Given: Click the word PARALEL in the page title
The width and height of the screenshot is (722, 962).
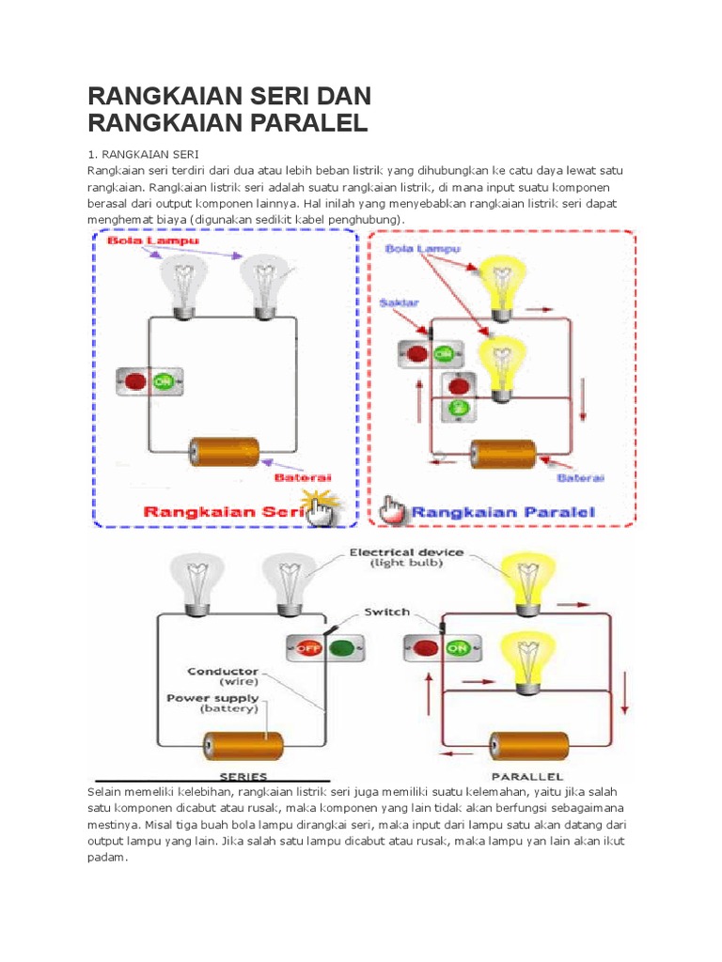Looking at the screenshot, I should (295, 123).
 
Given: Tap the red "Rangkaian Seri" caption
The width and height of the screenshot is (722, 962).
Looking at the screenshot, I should (227, 513).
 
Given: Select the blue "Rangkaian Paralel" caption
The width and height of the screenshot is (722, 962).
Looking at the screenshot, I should (504, 513).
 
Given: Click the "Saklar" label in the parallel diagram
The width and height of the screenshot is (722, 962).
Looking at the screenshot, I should (399, 303).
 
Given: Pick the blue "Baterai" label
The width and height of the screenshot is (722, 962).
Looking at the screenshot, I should (581, 478).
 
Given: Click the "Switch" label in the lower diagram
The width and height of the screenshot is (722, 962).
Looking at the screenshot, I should (386, 612).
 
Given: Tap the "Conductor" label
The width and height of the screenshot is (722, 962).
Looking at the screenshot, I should (222, 672).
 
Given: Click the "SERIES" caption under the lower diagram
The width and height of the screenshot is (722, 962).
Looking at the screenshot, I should (243, 777).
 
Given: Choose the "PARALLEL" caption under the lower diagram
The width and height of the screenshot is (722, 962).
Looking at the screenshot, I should (526, 777).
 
